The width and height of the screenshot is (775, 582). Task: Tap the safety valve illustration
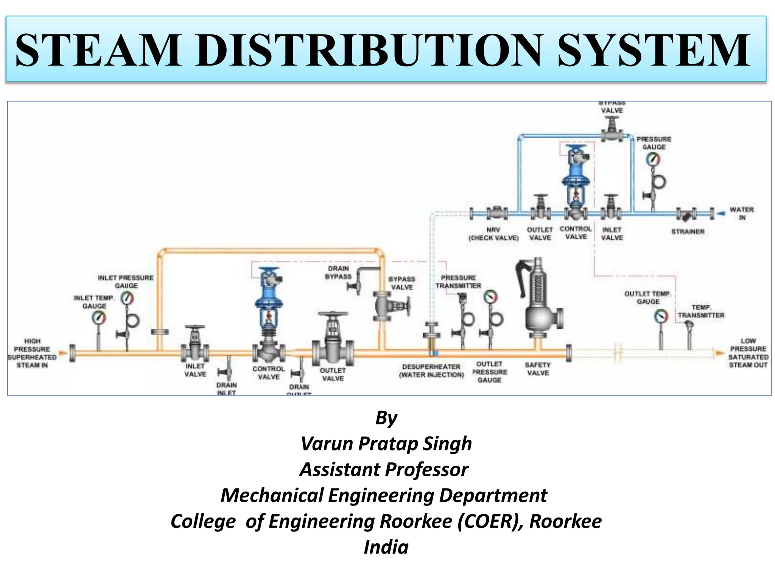[539, 303]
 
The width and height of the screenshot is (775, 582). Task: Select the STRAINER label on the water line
[688, 232]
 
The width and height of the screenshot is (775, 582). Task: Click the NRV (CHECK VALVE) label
[493, 234]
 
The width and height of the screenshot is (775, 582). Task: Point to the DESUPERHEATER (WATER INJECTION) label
[431, 371]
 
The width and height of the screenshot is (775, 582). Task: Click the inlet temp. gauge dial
[99, 317]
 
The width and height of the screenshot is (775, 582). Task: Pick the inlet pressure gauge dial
[127, 299]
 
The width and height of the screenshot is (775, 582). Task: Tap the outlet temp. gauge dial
[661, 316]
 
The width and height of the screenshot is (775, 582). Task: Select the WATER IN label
[741, 213]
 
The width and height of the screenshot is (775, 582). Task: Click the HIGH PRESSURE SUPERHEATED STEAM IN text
[32, 353]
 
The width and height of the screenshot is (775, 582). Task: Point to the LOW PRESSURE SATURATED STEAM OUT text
[748, 353]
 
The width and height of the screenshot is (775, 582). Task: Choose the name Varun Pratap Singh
[386, 444]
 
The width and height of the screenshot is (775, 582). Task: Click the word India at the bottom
[386, 547]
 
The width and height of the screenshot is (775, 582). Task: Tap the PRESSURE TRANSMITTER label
[458, 282]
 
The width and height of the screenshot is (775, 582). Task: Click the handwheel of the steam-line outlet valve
[333, 314]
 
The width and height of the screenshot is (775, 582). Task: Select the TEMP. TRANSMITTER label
[701, 311]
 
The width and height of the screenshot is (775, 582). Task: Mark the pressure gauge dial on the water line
[653, 159]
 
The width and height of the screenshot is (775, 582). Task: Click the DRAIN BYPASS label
[338, 272]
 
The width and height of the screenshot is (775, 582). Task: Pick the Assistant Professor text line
[384, 469]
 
